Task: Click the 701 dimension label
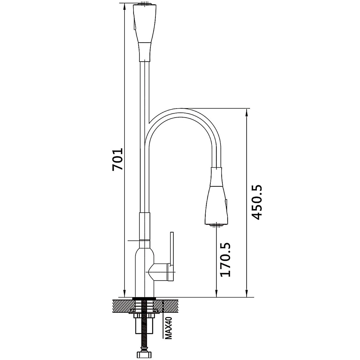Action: coord(118,159)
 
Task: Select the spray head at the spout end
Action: coord(216,196)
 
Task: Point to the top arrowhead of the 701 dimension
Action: coord(124,7)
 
